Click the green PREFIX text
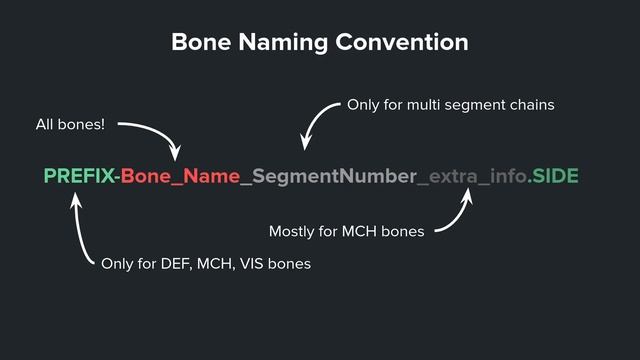tap(79, 177)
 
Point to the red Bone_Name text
tap(180, 177)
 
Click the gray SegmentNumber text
tap(334, 177)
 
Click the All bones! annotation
tap(70, 125)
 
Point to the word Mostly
tap(293, 232)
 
